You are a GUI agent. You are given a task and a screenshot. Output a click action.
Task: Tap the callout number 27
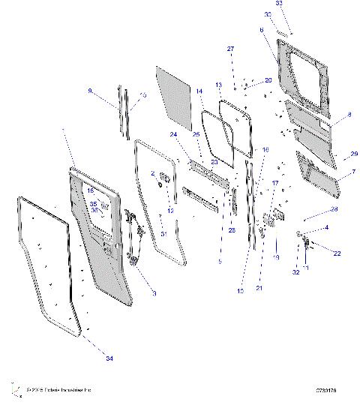(231, 49)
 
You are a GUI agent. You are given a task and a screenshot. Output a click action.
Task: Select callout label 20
(268, 80)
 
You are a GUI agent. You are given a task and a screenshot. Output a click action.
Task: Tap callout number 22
(337, 253)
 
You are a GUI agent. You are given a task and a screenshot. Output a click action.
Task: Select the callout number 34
(109, 360)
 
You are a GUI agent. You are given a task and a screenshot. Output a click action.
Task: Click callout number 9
(90, 91)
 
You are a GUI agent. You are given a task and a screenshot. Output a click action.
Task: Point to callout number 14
(200, 91)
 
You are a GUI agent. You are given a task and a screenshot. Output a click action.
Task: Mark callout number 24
(173, 134)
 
